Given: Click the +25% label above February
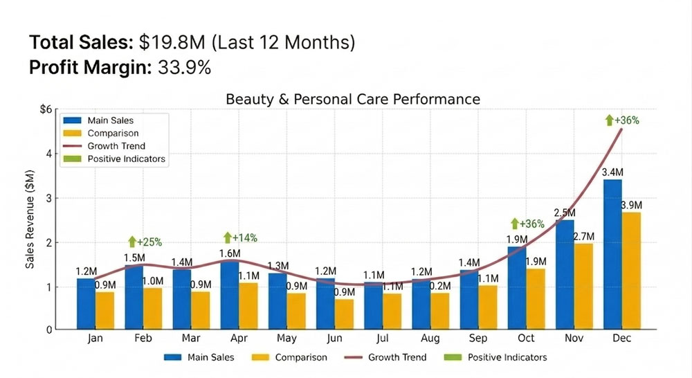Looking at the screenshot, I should click(x=149, y=242).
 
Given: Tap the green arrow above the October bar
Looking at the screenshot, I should click(x=515, y=224).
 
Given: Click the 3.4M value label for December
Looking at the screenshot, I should click(x=613, y=172).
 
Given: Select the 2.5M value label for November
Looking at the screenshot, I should click(x=565, y=213).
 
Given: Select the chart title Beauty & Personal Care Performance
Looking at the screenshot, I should click(x=353, y=100).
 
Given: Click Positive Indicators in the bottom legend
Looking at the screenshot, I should click(x=507, y=357).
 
